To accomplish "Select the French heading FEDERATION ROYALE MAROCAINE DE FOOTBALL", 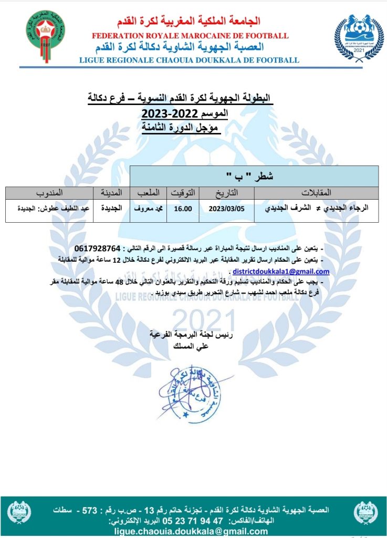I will [x=190, y=36].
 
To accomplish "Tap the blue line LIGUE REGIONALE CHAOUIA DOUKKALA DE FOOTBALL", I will [x=189, y=60].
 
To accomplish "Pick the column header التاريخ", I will [x=224, y=193].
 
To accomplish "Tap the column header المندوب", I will [x=49, y=193].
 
